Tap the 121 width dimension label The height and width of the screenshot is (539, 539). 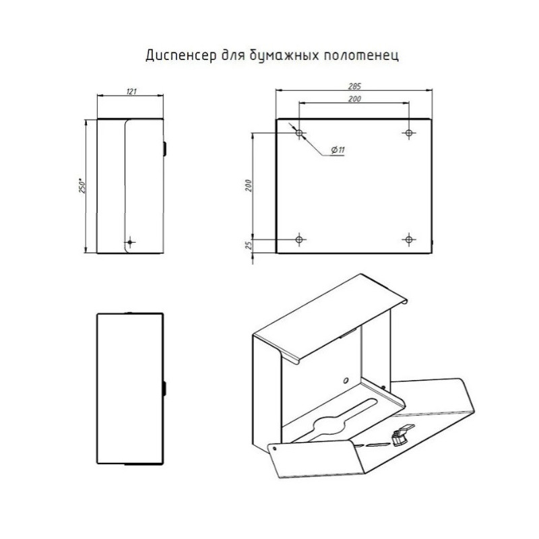[x=131, y=92]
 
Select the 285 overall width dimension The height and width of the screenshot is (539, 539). [x=354, y=86]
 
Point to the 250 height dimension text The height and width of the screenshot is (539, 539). [x=82, y=186]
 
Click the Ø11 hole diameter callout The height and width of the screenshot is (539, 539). [x=338, y=150]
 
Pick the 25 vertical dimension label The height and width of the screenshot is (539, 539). [x=249, y=245]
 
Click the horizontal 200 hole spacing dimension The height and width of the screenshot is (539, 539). [x=354, y=99]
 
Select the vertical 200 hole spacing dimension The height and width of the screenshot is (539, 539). [x=249, y=186]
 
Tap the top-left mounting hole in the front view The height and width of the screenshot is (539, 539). [x=299, y=133]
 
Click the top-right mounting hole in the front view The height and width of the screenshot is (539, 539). [x=409, y=133]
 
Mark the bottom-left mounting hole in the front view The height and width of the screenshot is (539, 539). [x=299, y=239]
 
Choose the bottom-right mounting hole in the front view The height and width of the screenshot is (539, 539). [x=409, y=239]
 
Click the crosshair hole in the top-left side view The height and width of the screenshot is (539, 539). [x=130, y=242]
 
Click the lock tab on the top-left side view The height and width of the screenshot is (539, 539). [x=164, y=148]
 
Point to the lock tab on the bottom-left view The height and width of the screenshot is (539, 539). [x=164, y=388]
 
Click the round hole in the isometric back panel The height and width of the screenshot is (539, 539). [x=346, y=381]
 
